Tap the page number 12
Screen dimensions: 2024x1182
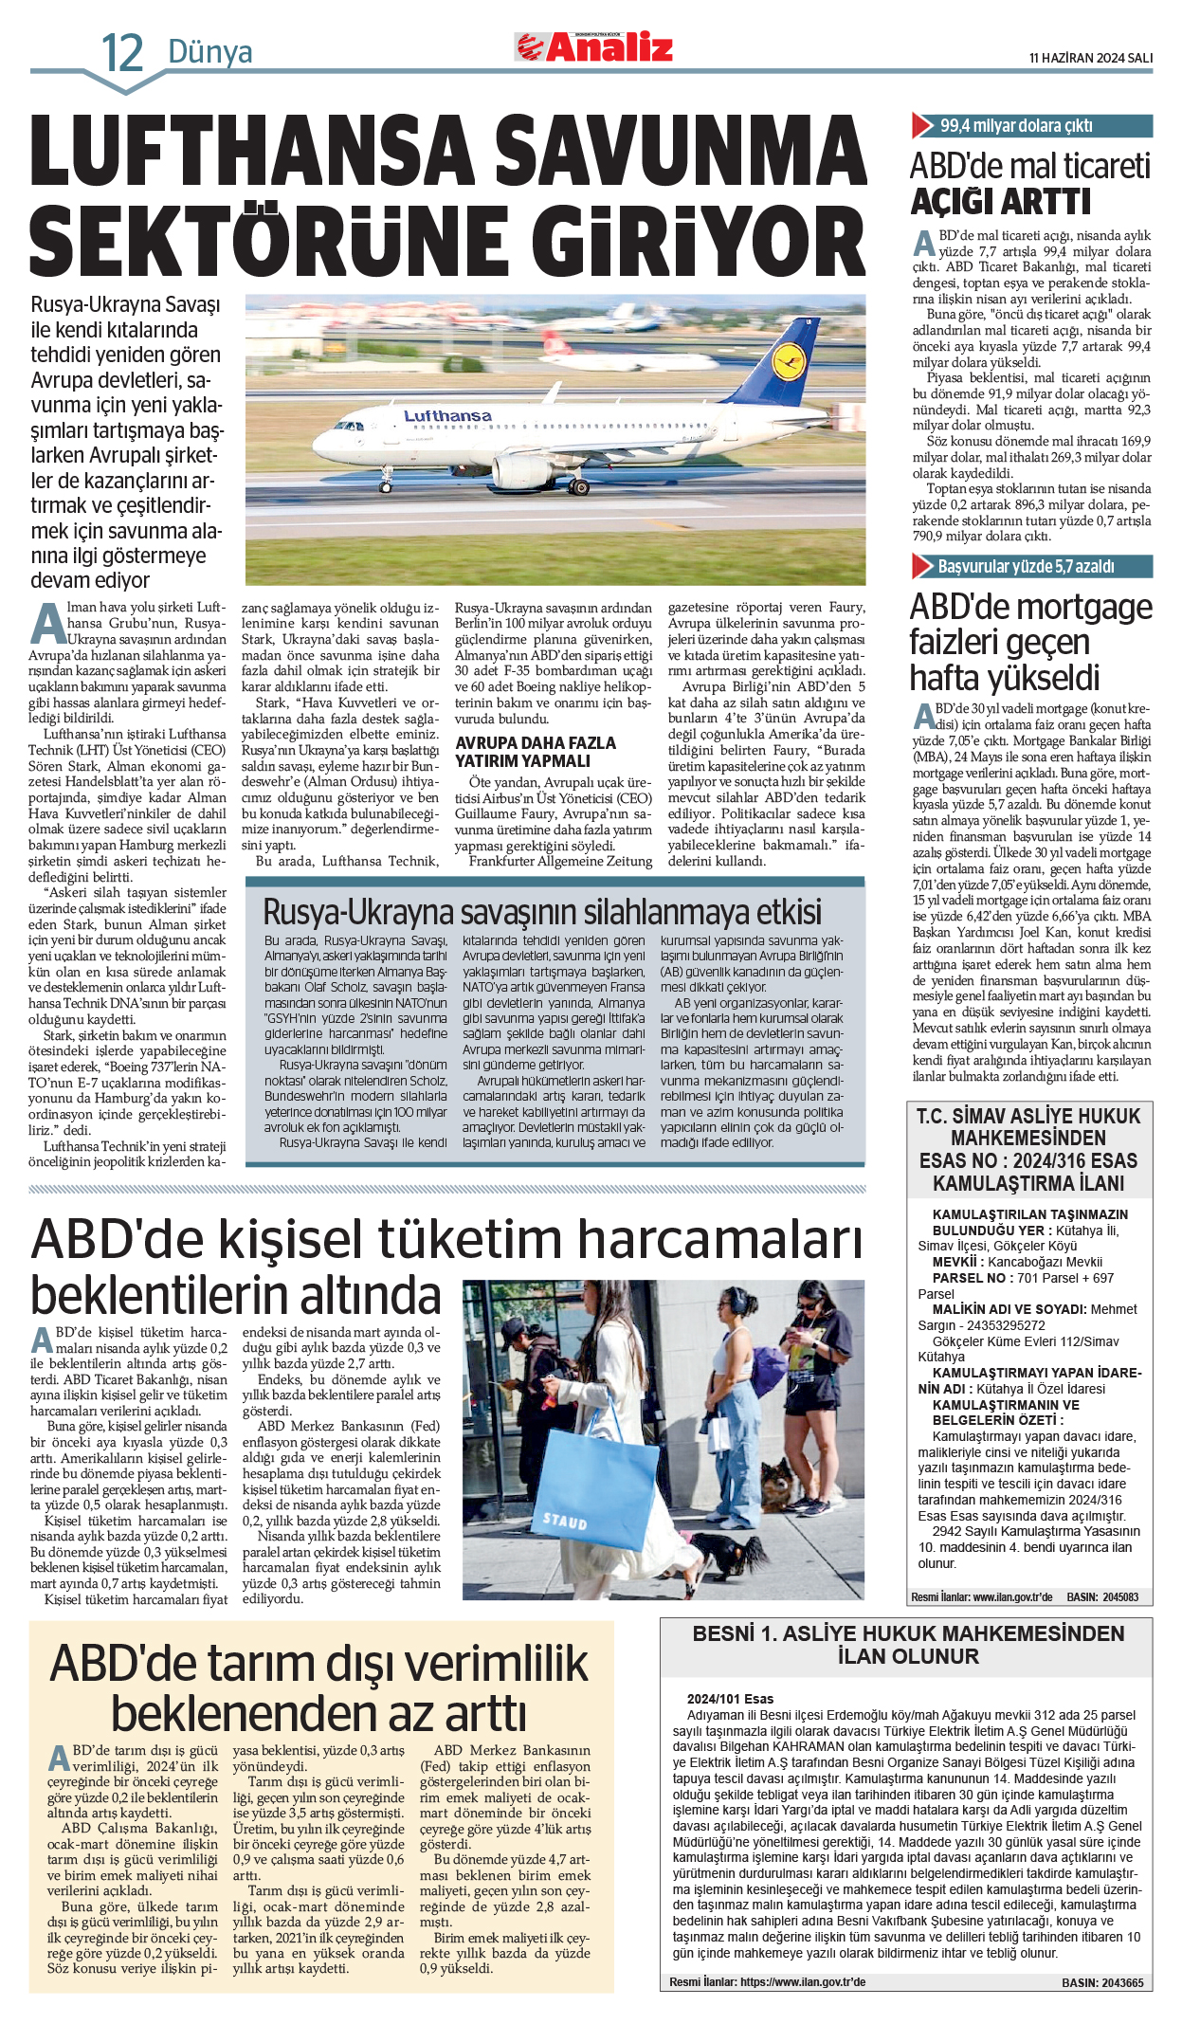pos(122,53)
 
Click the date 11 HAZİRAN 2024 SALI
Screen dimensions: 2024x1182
pos(1090,58)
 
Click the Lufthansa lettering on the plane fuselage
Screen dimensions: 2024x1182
pos(447,416)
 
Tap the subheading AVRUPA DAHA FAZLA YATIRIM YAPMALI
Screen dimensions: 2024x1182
pos(536,752)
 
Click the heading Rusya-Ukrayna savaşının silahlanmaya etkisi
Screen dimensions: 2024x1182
pos(541,911)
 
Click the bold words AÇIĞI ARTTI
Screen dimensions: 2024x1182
pos(1001,202)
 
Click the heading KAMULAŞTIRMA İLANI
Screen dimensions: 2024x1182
pos(1028,1183)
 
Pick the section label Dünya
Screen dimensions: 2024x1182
pos(209,52)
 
